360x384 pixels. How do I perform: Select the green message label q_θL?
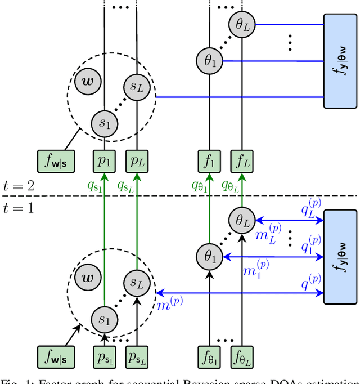point(232,184)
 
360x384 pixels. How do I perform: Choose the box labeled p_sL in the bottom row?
point(137,357)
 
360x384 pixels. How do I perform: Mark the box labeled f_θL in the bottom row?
point(242,357)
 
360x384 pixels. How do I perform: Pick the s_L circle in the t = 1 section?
point(136,282)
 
